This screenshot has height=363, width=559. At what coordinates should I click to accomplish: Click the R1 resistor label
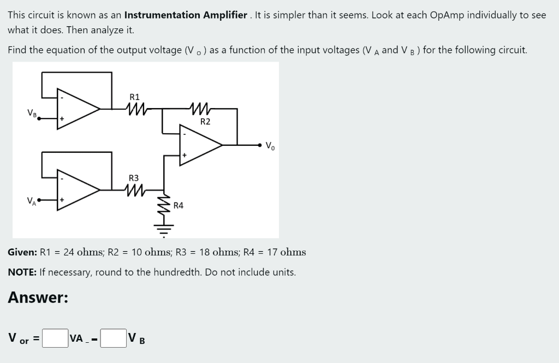134,97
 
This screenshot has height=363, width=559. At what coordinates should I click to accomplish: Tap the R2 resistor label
205,121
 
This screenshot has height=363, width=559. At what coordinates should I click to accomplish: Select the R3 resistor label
134,178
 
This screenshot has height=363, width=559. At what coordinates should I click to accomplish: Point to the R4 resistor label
179,205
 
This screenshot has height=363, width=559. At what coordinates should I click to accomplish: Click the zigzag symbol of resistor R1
134,109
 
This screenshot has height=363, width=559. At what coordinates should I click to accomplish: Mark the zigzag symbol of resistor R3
134,190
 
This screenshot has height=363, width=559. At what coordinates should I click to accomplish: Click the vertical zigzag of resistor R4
163,206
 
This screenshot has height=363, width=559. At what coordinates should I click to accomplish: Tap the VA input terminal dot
39,200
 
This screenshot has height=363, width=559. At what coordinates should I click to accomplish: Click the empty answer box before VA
55,338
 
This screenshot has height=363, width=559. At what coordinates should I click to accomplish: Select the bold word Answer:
38,297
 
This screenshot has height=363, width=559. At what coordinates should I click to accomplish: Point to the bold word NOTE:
22,272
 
